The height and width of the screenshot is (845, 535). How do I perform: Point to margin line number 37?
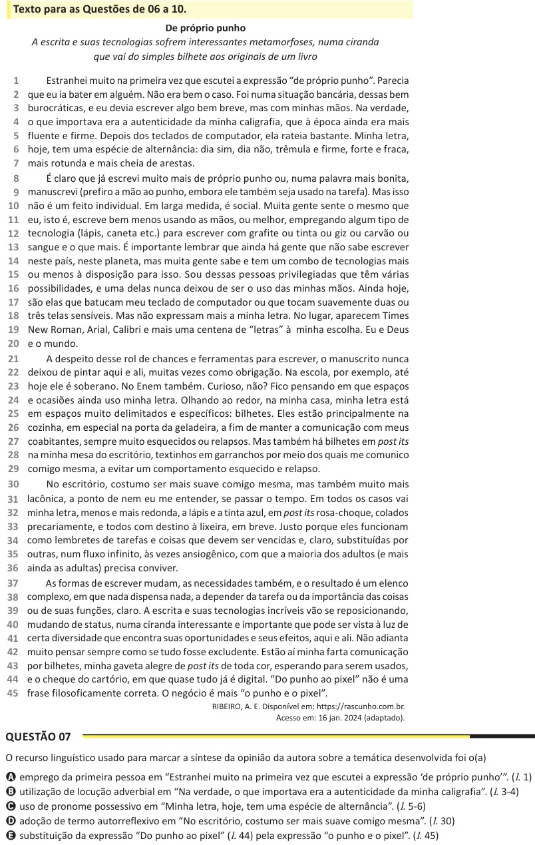13,583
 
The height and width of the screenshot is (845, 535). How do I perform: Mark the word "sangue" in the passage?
43,247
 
